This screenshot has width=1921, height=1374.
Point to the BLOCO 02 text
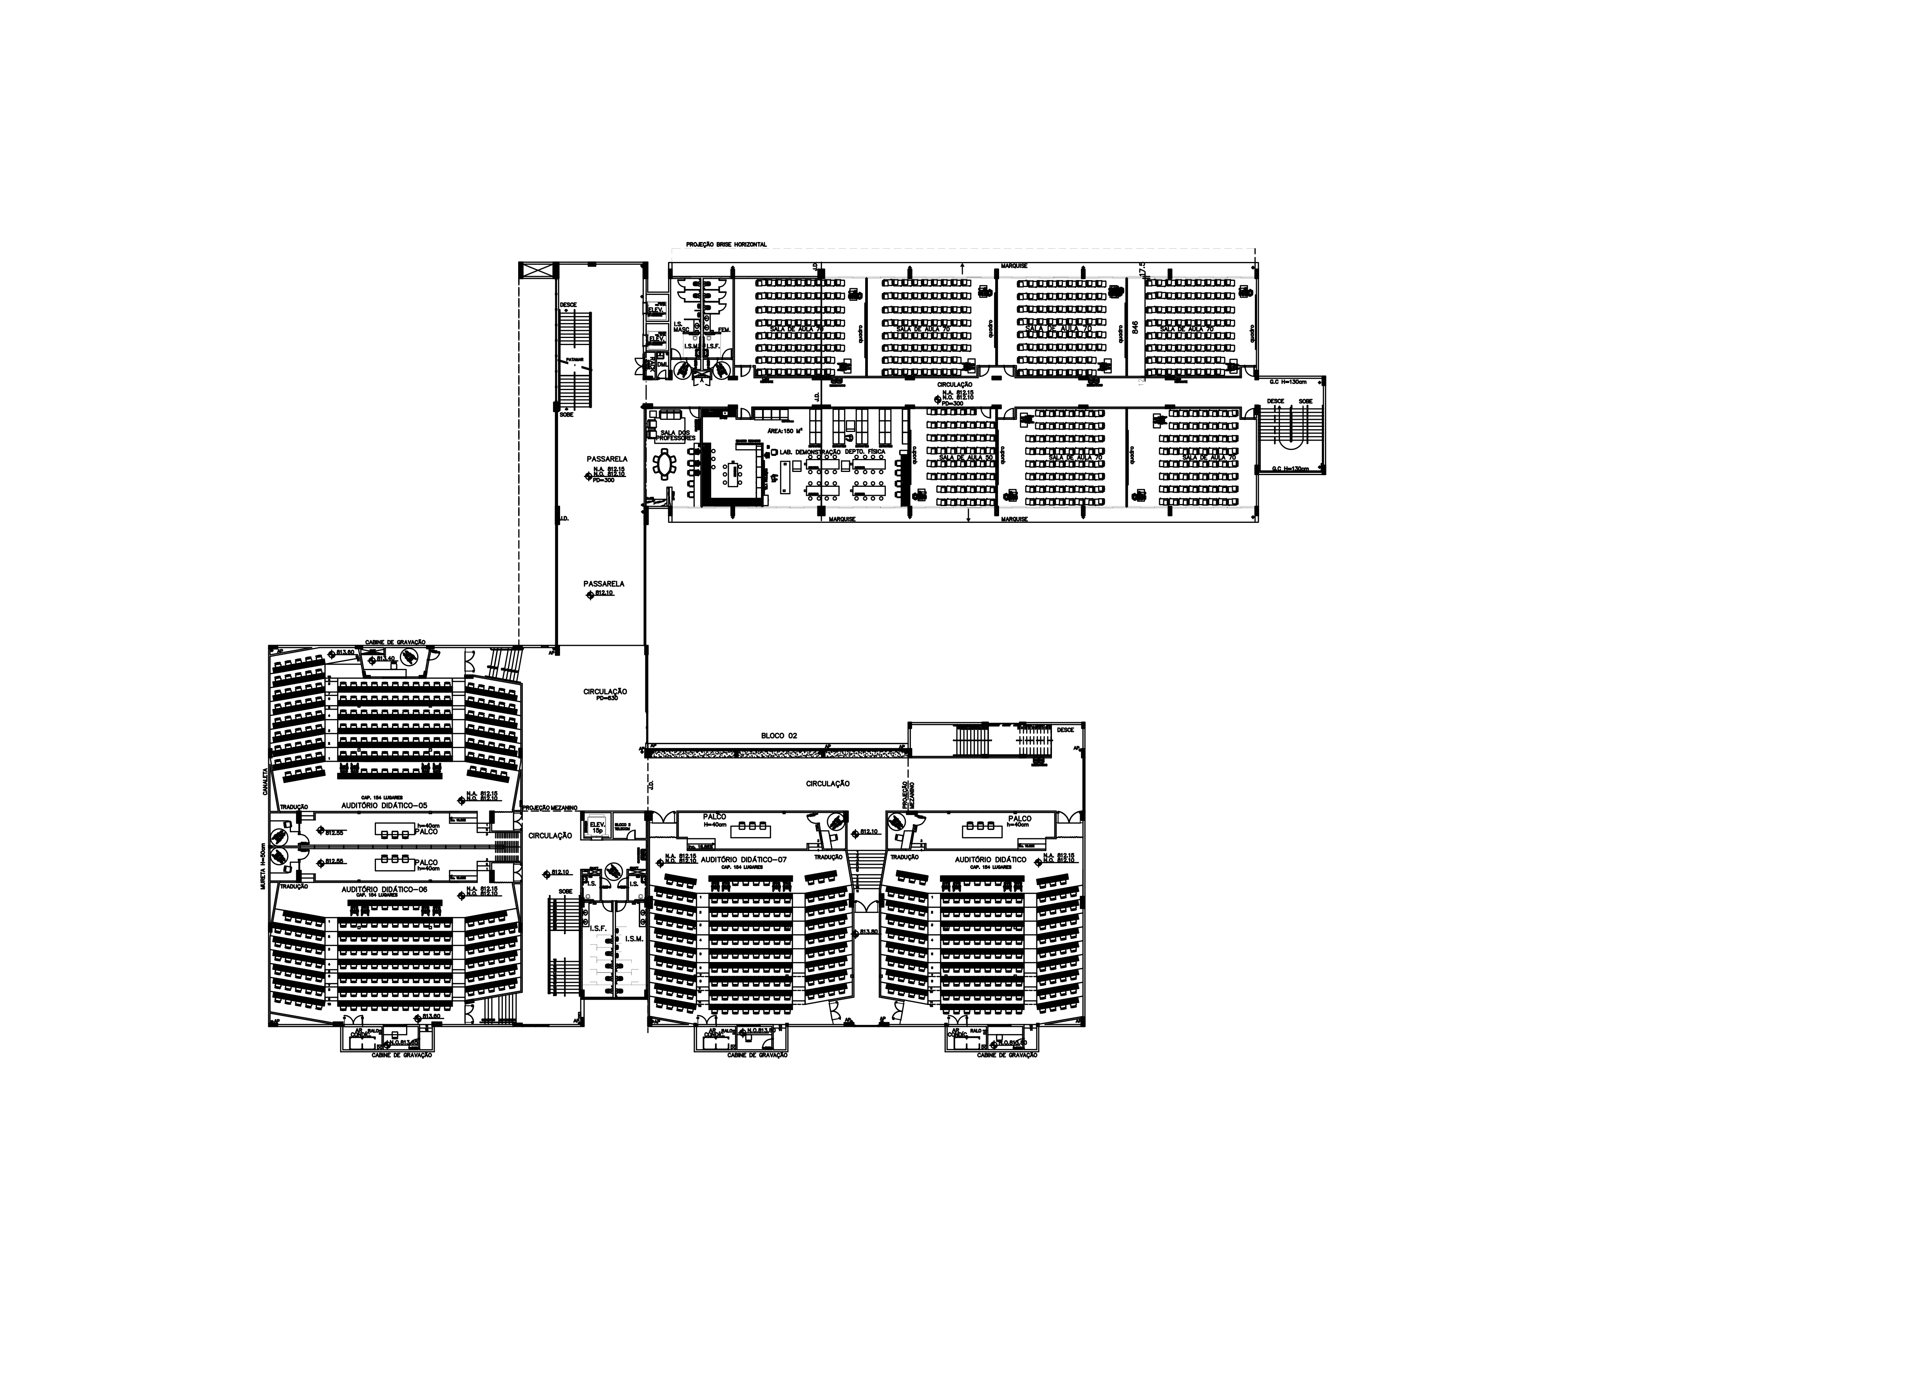click(779, 736)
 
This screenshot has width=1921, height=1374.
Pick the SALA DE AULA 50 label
click(965, 458)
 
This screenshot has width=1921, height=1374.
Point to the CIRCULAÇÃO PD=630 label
click(605, 694)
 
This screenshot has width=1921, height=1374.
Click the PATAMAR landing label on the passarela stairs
click(575, 360)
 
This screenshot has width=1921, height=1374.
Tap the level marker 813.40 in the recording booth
click(386, 658)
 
